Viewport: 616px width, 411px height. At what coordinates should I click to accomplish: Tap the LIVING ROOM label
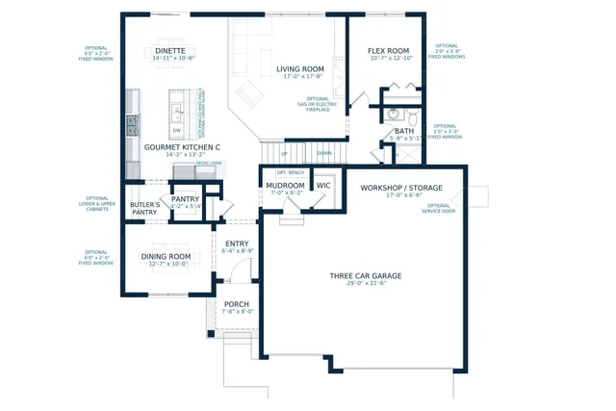pos(299,69)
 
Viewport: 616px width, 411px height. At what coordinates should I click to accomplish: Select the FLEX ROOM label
pos(390,51)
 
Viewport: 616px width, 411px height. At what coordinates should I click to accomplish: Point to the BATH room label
pos(403,131)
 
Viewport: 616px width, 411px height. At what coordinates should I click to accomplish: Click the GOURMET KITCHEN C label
pos(182,147)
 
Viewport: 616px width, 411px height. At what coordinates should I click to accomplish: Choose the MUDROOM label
pos(285,185)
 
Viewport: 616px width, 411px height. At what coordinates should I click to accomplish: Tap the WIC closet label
pos(323,185)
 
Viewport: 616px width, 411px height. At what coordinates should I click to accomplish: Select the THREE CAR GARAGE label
pos(365,276)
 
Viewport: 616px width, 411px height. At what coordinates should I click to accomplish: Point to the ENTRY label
pos(237,244)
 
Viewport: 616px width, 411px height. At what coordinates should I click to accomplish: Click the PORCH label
pos(237,303)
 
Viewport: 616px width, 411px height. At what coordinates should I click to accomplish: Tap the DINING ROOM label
pos(166,256)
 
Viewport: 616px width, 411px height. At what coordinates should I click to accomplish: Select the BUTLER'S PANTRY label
pos(144,210)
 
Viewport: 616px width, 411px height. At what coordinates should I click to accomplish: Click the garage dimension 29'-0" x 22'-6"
pos(365,284)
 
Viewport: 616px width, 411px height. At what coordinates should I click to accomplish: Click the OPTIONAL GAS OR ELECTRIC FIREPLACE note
pos(319,104)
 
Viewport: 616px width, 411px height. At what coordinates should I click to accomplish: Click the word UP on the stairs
pos(284,153)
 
